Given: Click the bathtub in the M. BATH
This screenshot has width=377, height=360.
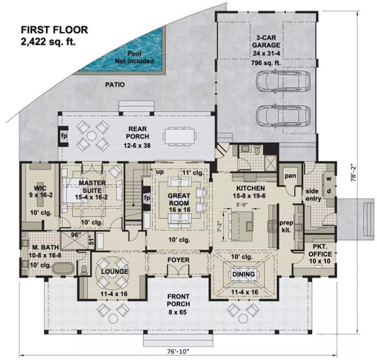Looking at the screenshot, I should pyautogui.click(x=63, y=268).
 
